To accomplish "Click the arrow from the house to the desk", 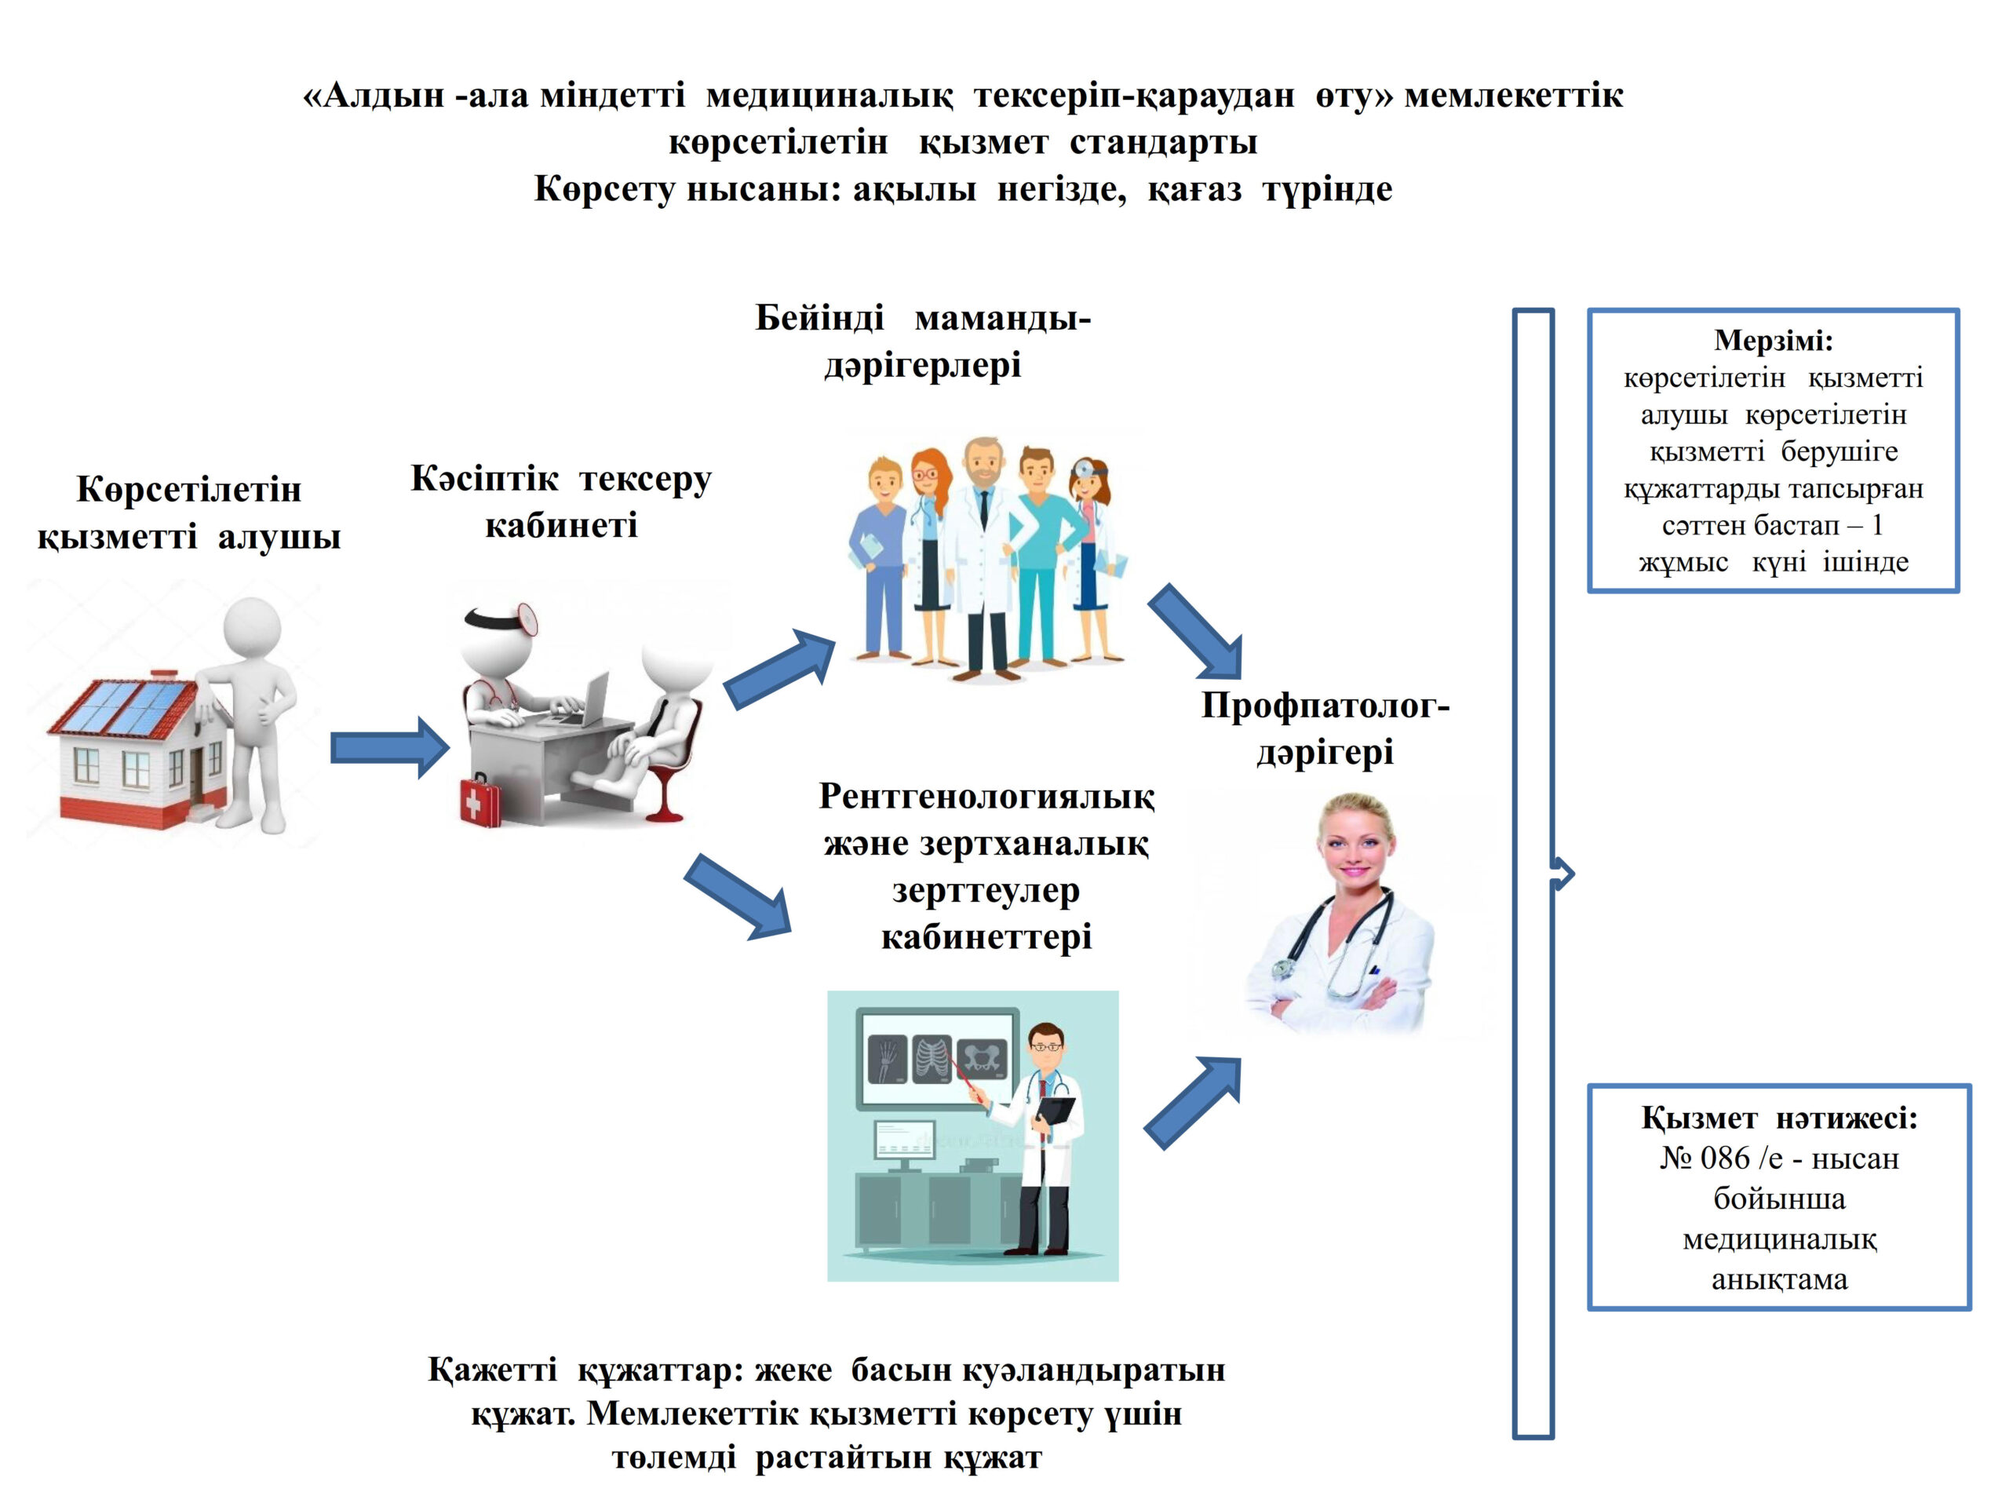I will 388,747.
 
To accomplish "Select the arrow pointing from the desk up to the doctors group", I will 780,669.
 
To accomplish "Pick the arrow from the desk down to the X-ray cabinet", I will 738,896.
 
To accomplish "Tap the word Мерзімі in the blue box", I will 1773,341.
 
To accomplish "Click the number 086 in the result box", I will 1724,1159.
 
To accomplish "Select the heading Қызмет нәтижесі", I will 1778,1118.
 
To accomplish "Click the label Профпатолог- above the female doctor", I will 1324,706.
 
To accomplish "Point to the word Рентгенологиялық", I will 986,797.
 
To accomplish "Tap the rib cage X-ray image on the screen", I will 932,1059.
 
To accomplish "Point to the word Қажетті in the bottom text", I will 492,1369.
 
